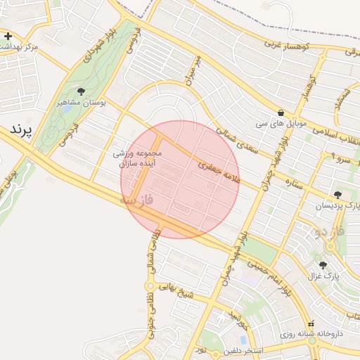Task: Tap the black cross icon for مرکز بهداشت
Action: tap(8, 35)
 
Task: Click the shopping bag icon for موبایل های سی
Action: tap(281, 112)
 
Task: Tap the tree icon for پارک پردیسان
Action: tap(338, 194)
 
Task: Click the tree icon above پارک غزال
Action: tap(323, 265)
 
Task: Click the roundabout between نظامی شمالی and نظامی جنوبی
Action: tap(150, 285)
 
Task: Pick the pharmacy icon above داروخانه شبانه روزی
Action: tap(292, 323)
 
